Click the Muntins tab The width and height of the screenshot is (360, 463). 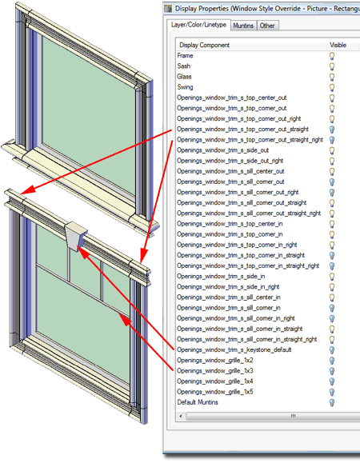(243, 26)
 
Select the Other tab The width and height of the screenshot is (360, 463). (267, 26)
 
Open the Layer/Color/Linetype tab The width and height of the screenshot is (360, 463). (198, 25)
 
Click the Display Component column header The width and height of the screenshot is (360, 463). (204, 45)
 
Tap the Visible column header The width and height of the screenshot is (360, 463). (338, 45)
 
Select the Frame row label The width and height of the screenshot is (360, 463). (185, 55)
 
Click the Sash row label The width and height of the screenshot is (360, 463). (184, 66)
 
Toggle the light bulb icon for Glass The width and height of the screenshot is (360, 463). (332, 77)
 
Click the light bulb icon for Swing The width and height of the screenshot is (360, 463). (332, 88)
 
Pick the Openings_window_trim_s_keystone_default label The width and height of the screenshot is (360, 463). (234, 350)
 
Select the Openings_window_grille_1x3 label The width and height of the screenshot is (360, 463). (215, 371)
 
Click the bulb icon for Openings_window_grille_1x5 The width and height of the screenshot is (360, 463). (332, 392)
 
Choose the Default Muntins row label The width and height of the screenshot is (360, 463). (198, 402)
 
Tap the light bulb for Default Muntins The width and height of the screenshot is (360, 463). (332, 403)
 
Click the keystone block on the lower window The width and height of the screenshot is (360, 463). (76, 236)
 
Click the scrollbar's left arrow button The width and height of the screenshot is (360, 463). (181, 417)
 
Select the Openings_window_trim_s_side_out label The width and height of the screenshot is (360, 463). (223, 150)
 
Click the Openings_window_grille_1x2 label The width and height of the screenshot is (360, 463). (215, 360)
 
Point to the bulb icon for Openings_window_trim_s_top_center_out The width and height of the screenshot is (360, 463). (332, 98)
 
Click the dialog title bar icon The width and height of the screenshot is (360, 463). (168, 9)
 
